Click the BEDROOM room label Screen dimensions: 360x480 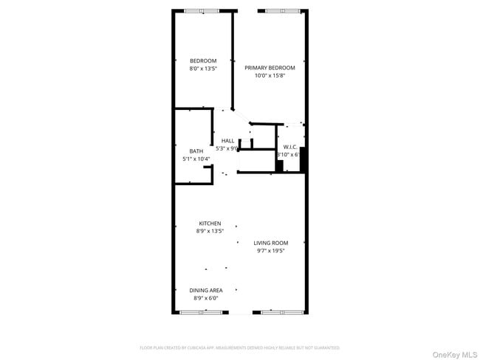tap(203, 60)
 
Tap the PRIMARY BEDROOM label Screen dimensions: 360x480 tap(270, 67)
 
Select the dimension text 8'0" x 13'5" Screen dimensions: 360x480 tap(203, 69)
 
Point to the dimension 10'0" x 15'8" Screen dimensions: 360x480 tap(270, 75)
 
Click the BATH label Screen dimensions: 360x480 tap(196, 151)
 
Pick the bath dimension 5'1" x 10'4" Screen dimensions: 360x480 tap(196, 159)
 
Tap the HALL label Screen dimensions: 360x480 tap(227, 141)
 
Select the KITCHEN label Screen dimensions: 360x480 tap(210, 224)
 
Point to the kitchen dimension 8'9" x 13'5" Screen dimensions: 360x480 tap(210, 231)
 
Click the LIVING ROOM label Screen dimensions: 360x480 tap(271, 243)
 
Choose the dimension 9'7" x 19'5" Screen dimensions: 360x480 tap(271, 251)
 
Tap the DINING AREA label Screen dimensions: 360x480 tap(206, 290)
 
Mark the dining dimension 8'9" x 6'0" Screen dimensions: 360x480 tap(206, 298)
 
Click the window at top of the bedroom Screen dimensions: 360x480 tap(202, 10)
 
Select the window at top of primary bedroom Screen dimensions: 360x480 tap(283, 10)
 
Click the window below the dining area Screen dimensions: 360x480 tap(202, 312)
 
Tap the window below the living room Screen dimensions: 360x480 tap(282, 312)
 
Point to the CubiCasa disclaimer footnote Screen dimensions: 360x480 tap(240, 347)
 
